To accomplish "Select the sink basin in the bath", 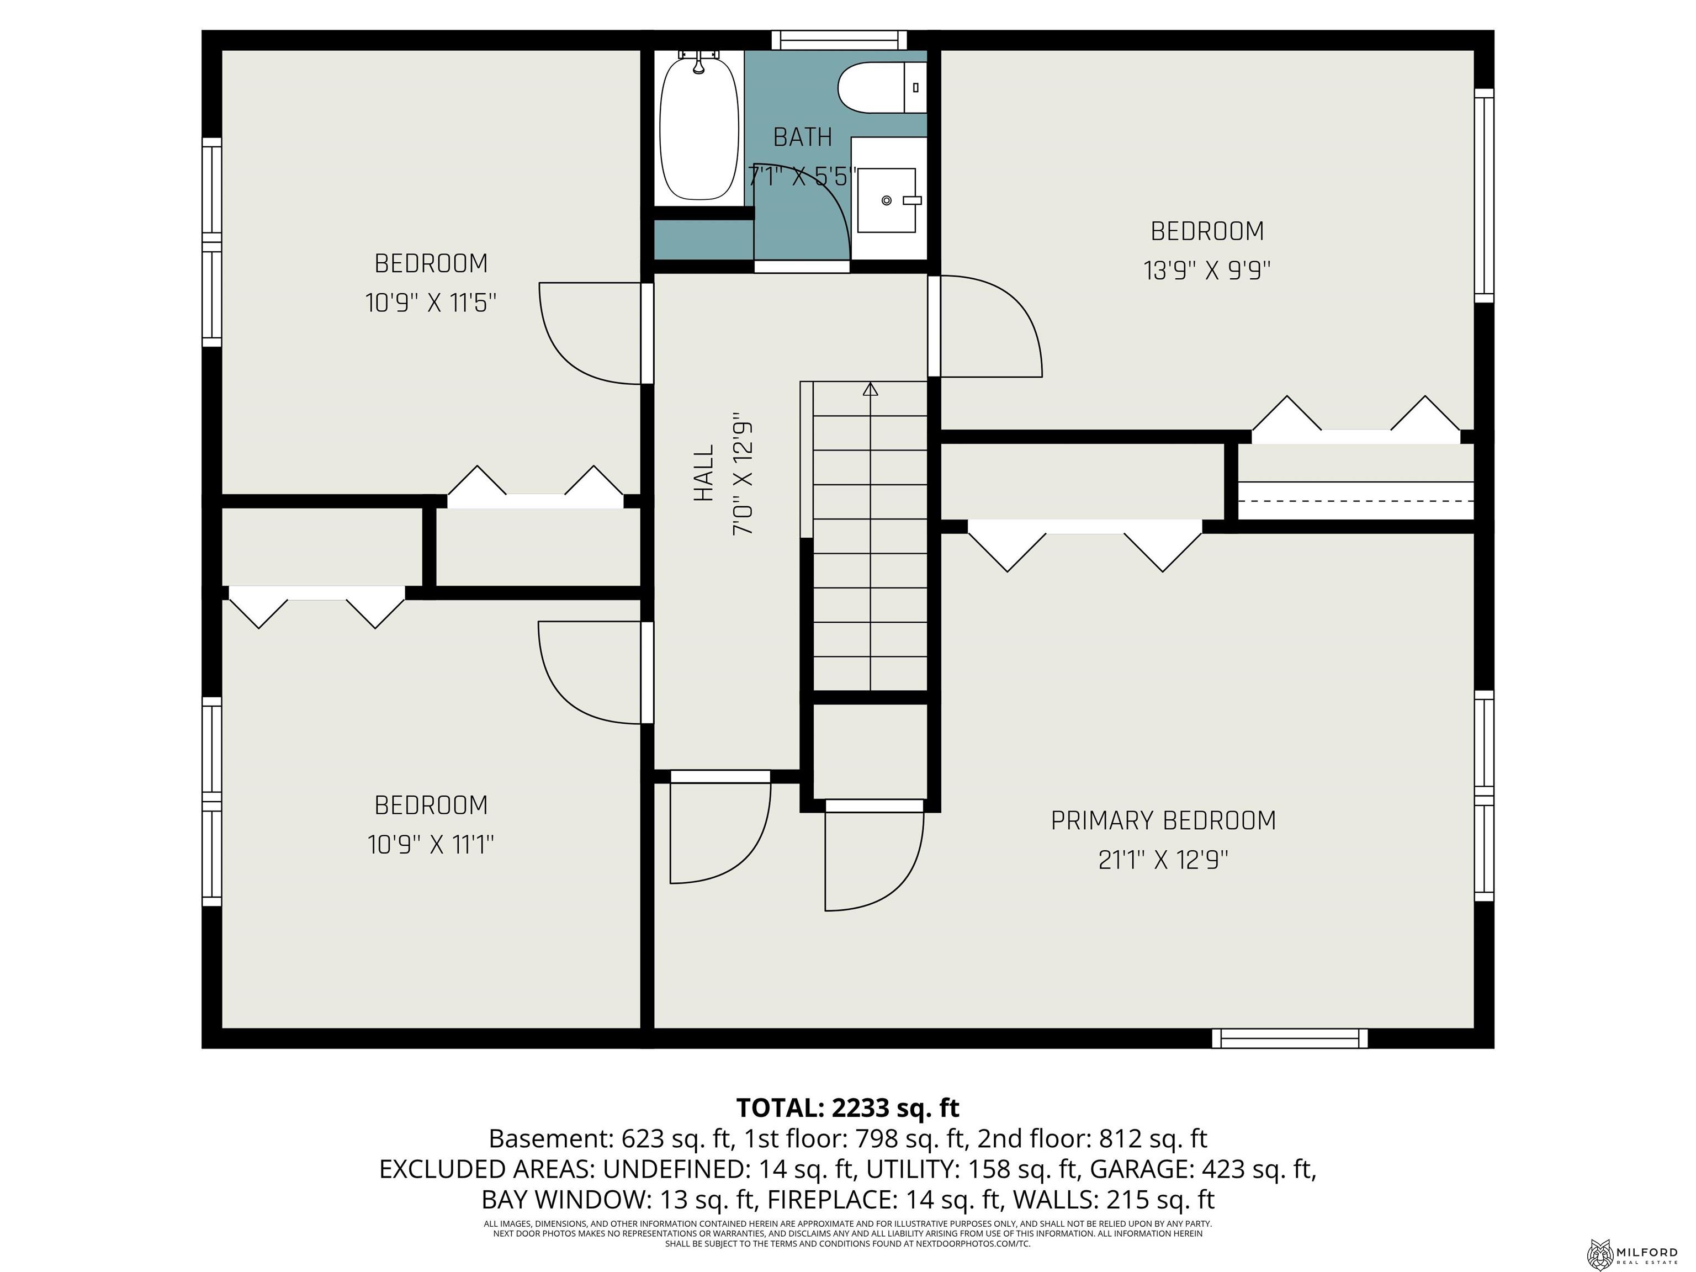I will pos(886,200).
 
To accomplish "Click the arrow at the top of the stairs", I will pos(870,390).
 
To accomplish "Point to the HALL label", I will pos(704,473).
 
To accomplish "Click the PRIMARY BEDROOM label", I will pos(1162,821).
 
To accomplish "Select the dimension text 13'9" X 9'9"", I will pos(1207,271).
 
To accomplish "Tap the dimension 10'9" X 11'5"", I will pos(431,303).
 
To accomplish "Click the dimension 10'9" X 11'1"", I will pos(431,845).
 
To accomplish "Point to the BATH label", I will pos(802,137).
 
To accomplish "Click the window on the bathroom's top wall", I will pos(839,39).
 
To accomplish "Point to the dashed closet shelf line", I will pos(1355,500).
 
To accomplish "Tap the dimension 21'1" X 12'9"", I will pos(1162,860).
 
